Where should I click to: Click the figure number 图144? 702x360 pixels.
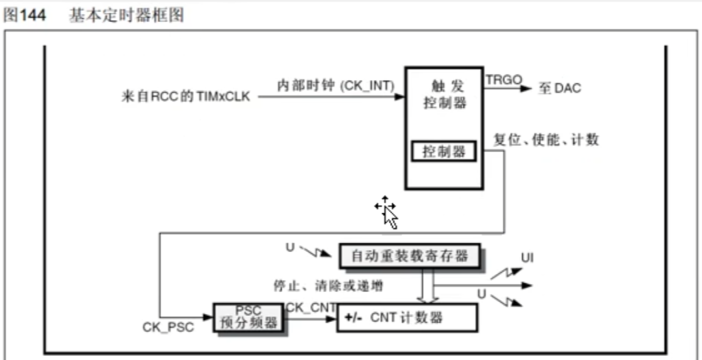[25, 17]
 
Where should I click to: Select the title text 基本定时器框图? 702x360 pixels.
[126, 17]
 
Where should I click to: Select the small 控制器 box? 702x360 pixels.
[443, 152]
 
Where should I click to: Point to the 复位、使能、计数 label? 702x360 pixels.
[546, 140]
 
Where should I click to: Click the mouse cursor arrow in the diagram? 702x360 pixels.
[388, 212]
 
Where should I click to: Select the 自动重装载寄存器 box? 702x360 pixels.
[409, 255]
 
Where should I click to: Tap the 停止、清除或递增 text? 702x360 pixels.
[327, 285]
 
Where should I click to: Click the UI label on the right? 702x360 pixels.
[528, 257]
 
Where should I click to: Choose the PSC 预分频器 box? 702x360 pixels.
[247, 318]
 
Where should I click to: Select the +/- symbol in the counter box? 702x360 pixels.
[353, 319]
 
